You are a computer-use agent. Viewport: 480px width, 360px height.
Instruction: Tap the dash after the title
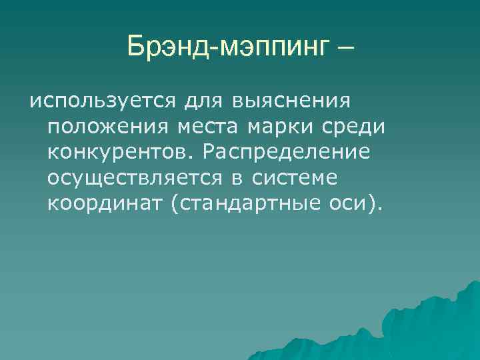345,48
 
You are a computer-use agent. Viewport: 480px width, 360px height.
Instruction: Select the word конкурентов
118,152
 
